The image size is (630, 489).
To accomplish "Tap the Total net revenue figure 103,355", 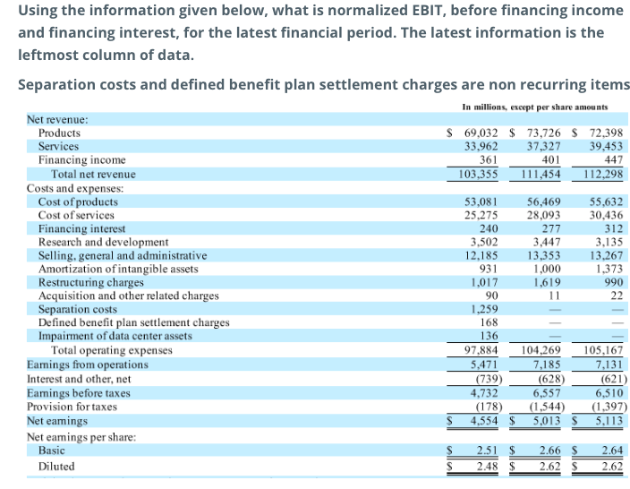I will pos(478,174).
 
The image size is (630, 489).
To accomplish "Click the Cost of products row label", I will pos(78,202).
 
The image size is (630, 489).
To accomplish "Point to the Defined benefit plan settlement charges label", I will pos(133,322).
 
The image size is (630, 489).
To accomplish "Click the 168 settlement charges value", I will pos(489,322).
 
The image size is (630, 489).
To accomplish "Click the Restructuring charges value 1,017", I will pos(483,282).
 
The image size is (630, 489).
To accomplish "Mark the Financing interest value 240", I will pos(489,228).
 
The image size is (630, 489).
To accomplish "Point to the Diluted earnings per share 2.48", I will pos(487,467).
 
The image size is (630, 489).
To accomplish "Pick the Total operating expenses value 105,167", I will pos(603,349).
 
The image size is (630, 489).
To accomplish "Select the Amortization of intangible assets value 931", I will pos(489,269).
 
